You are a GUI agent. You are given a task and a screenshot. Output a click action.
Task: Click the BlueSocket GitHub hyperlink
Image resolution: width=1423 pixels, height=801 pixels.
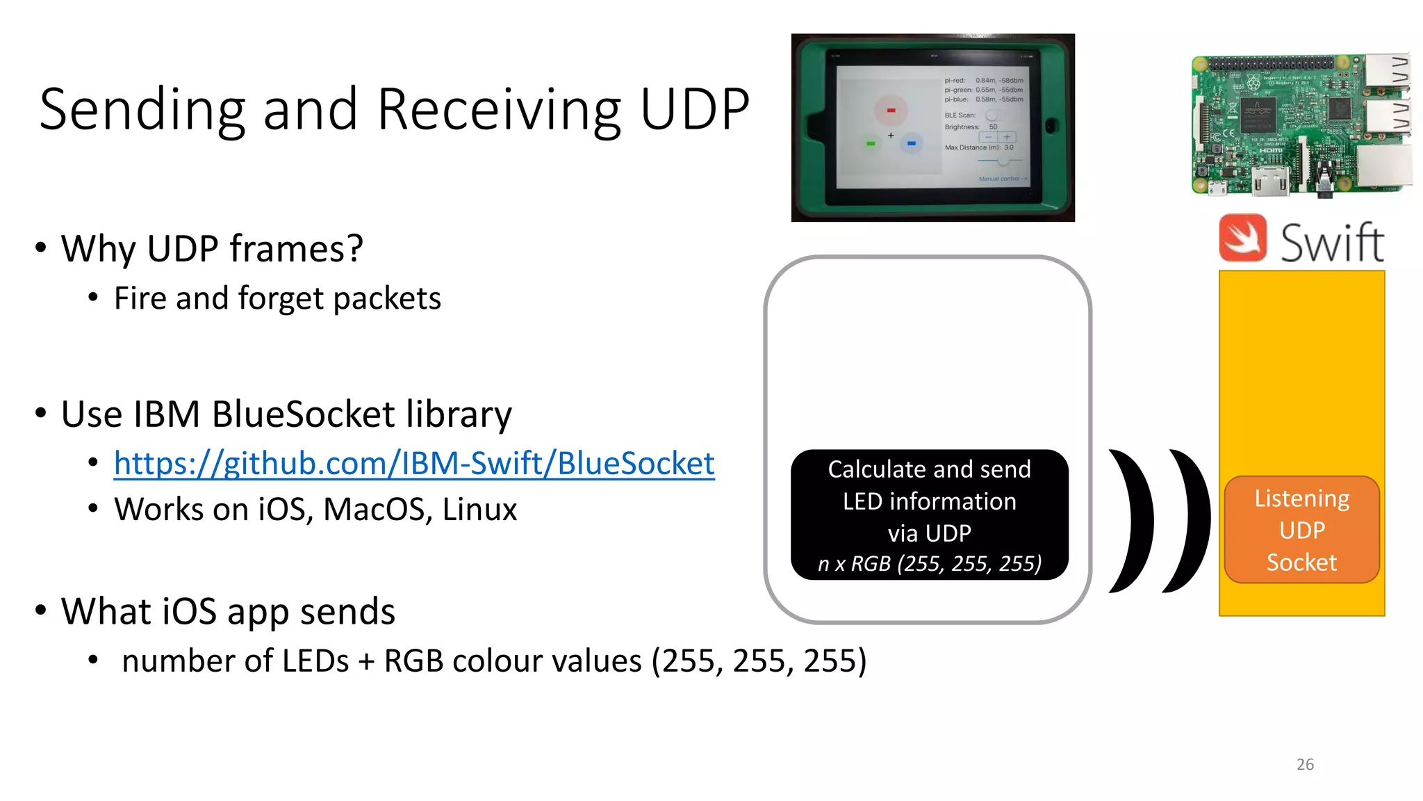pos(414,464)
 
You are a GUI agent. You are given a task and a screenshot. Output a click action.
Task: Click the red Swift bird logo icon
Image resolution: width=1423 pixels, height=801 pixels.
pos(1243,238)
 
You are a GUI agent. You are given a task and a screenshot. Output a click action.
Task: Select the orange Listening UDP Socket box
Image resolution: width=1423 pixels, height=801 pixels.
pos(1301,530)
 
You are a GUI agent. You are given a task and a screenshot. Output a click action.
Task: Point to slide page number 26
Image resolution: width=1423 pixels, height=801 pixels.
pos(1305,764)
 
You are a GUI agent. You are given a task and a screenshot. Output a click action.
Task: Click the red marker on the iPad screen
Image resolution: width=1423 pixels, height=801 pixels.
pos(891,110)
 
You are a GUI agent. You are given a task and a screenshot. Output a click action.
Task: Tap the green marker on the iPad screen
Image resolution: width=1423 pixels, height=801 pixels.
pos(871,143)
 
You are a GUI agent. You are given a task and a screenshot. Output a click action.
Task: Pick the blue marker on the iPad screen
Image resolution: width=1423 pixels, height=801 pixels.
pos(911,143)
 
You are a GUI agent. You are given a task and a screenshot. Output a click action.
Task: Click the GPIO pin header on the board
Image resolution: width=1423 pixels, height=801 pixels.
pos(1272,63)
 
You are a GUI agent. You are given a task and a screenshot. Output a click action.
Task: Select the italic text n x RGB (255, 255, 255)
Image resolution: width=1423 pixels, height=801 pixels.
pos(930,563)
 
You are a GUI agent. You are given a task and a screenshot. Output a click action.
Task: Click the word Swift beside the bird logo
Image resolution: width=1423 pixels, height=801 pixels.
pos(1332,243)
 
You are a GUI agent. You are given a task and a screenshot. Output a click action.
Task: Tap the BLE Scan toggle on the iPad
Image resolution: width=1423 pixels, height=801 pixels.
pos(992,115)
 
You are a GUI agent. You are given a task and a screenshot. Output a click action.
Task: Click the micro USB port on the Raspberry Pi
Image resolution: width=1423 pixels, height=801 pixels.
pos(1216,187)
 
